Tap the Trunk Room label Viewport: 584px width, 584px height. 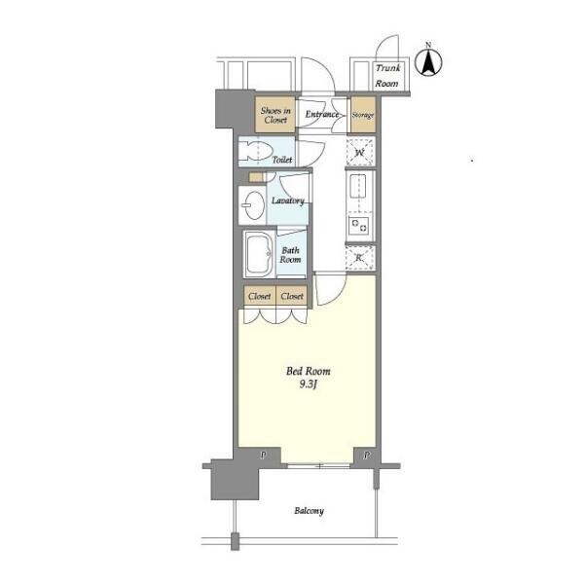[x=387, y=76]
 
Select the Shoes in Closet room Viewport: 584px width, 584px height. [x=275, y=115]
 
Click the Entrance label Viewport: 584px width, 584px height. [x=322, y=114]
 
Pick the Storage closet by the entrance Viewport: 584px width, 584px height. [x=363, y=115]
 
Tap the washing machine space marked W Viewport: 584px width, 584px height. [x=360, y=152]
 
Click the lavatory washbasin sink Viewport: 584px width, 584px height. [x=253, y=205]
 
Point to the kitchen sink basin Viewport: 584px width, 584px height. [x=358, y=187]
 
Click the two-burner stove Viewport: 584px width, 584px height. [x=359, y=226]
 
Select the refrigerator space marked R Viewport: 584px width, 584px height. [x=359, y=258]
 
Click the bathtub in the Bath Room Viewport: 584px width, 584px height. [x=259, y=254]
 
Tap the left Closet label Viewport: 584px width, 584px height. [x=260, y=297]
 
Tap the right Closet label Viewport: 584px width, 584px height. [x=292, y=297]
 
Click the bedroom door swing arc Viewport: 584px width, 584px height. [x=338, y=294]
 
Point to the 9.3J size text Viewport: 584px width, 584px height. [x=308, y=384]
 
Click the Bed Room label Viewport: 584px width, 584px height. [x=308, y=371]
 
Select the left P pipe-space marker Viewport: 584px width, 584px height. [x=264, y=455]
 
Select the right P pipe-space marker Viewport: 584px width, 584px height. [x=367, y=455]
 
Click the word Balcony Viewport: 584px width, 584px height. [x=309, y=511]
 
